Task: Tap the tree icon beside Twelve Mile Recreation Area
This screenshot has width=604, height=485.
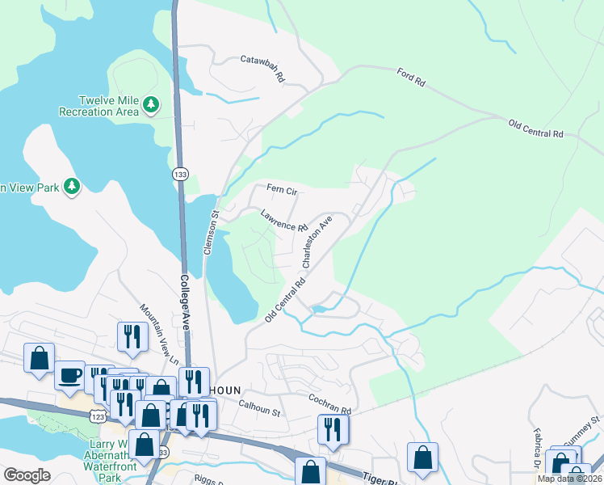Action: pyautogui.click(x=150, y=105)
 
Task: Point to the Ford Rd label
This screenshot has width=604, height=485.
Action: pyautogui.click(x=411, y=78)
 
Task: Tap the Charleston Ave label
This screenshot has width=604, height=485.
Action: pyautogui.click(x=317, y=241)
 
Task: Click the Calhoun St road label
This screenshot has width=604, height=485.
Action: pyautogui.click(x=259, y=410)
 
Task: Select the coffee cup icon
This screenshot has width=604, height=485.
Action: pyautogui.click(x=70, y=375)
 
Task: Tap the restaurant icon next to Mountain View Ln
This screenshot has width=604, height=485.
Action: pyautogui.click(x=132, y=335)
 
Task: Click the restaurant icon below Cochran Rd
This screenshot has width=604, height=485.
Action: pyautogui.click(x=333, y=429)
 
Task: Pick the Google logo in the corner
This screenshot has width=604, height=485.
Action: pyautogui.click(x=27, y=475)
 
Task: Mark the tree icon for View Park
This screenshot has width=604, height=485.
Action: pyautogui.click(x=73, y=187)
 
